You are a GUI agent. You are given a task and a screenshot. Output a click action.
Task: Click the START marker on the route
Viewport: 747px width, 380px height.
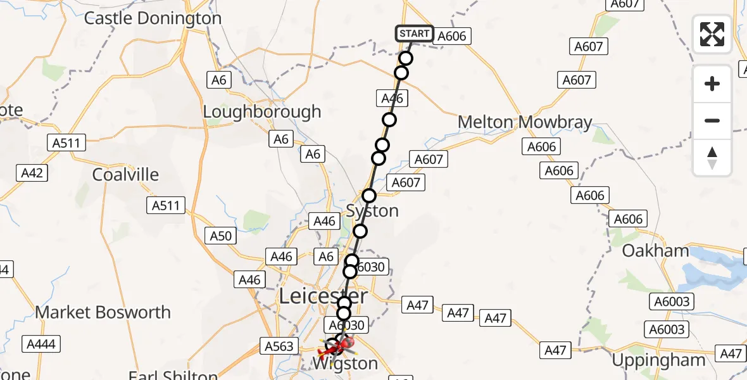[415, 34]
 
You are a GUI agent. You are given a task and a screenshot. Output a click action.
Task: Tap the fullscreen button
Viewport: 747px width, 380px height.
[712, 34]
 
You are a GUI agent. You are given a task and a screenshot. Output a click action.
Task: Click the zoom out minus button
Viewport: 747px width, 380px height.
[712, 120]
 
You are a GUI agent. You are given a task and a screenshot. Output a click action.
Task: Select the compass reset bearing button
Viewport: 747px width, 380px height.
[712, 158]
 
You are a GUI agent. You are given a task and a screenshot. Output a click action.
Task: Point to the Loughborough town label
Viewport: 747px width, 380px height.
[262, 112]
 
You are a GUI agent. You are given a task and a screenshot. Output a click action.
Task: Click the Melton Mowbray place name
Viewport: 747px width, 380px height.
[525, 122]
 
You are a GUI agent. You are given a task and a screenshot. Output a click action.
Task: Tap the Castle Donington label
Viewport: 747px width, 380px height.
[153, 18]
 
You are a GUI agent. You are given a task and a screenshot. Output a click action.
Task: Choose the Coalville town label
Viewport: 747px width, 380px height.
[125, 174]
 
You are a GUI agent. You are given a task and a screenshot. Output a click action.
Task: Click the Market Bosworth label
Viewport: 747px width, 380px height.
[103, 312]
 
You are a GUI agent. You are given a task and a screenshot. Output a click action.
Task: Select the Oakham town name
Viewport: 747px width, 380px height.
[655, 251]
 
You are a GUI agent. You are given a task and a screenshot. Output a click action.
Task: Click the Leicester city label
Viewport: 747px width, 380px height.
[323, 296]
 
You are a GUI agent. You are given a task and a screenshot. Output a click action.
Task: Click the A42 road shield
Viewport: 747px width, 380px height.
[32, 172]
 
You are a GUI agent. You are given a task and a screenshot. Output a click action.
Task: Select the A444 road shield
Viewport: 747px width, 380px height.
[41, 345]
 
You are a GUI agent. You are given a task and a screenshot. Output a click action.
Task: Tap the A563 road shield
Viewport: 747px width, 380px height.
[279, 346]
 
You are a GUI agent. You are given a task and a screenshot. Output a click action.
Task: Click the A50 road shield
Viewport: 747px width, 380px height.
[221, 236]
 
